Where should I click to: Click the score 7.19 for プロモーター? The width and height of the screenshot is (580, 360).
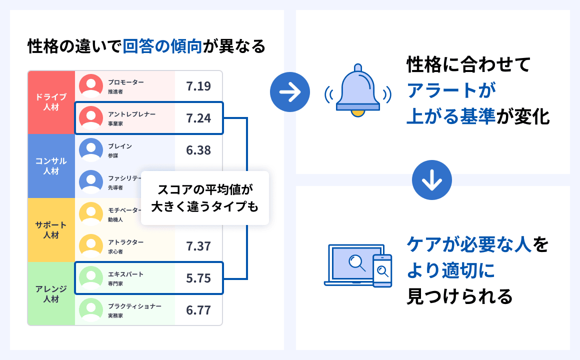click(x=198, y=86)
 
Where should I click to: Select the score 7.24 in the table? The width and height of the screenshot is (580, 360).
click(x=198, y=118)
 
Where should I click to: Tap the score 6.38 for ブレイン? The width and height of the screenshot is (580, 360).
click(x=198, y=150)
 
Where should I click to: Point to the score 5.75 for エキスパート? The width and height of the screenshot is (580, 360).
click(x=198, y=278)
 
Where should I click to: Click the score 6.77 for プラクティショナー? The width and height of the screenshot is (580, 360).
click(x=198, y=310)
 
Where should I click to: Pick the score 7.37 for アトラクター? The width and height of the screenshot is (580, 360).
click(x=198, y=246)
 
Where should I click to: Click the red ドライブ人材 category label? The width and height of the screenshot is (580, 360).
click(x=51, y=102)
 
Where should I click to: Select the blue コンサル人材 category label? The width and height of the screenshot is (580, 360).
click(x=51, y=166)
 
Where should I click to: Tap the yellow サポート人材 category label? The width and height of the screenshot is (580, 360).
click(x=51, y=230)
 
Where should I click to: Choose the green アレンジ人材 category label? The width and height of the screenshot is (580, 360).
click(x=51, y=294)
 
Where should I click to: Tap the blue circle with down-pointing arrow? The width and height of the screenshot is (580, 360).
click(x=432, y=180)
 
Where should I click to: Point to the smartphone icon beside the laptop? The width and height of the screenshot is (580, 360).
click(x=382, y=270)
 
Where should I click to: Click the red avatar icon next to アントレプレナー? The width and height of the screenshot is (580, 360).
click(x=91, y=118)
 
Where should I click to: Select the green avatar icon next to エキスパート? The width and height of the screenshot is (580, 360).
click(x=91, y=278)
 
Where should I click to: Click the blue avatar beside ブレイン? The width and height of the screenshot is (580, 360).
click(x=91, y=150)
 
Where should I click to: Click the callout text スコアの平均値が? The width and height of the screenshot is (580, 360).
click(x=205, y=189)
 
